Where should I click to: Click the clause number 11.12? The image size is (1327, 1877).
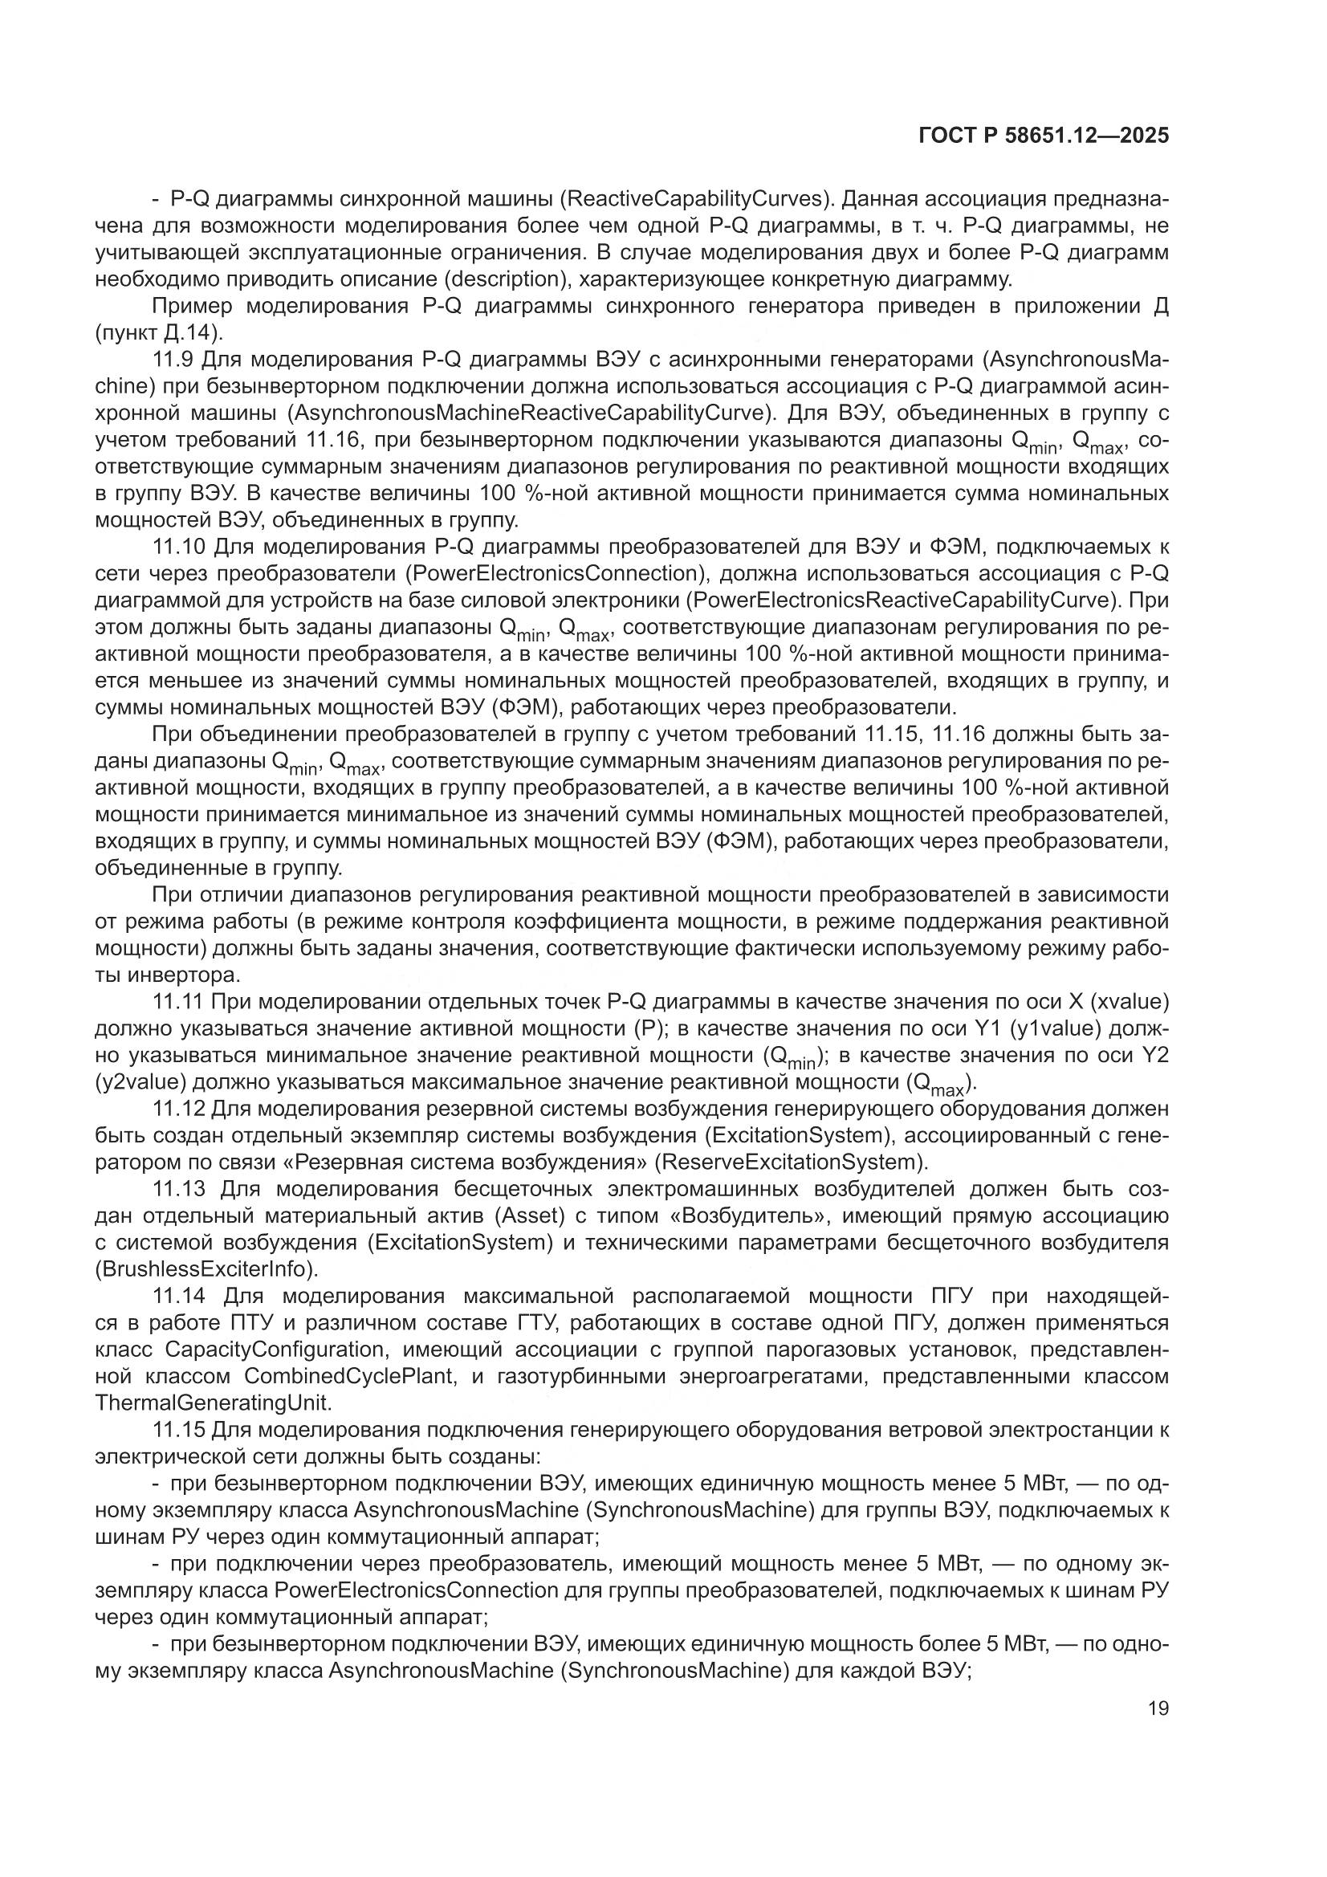179,1110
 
